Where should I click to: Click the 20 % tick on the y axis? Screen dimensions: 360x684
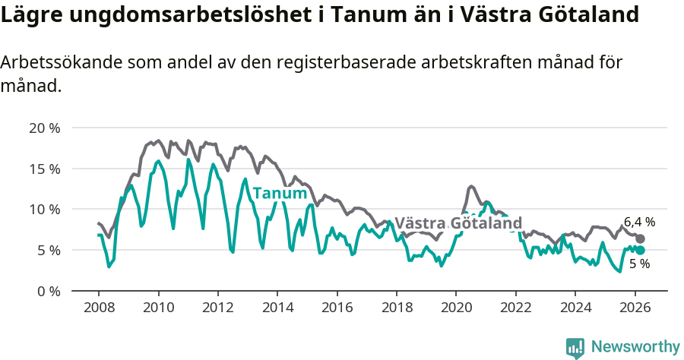pyautogui.click(x=44, y=128)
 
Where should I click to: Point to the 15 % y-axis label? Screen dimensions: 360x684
pyautogui.click(x=44, y=169)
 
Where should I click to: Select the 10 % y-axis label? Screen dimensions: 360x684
pyautogui.click(x=44, y=209)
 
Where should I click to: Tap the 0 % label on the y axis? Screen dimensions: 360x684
pyautogui.click(x=47, y=291)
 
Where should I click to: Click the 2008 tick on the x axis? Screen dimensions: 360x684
pyautogui.click(x=99, y=308)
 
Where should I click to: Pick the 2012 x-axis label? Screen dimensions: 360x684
pyautogui.click(x=217, y=308)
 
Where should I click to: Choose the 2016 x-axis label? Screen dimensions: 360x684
pyautogui.click(x=337, y=308)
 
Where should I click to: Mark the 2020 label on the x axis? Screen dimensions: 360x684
pyautogui.click(x=456, y=308)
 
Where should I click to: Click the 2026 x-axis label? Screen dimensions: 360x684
pyautogui.click(x=635, y=308)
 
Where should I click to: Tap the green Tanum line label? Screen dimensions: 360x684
pyautogui.click(x=279, y=193)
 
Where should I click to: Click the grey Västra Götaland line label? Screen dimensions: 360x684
pyautogui.click(x=458, y=223)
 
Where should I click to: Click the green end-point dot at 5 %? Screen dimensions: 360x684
pyautogui.click(x=640, y=250)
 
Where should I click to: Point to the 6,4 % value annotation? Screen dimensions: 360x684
pyautogui.click(x=639, y=223)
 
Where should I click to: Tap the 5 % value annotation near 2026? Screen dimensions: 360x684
pyautogui.click(x=639, y=264)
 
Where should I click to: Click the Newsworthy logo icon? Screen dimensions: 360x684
pyautogui.click(x=575, y=347)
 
